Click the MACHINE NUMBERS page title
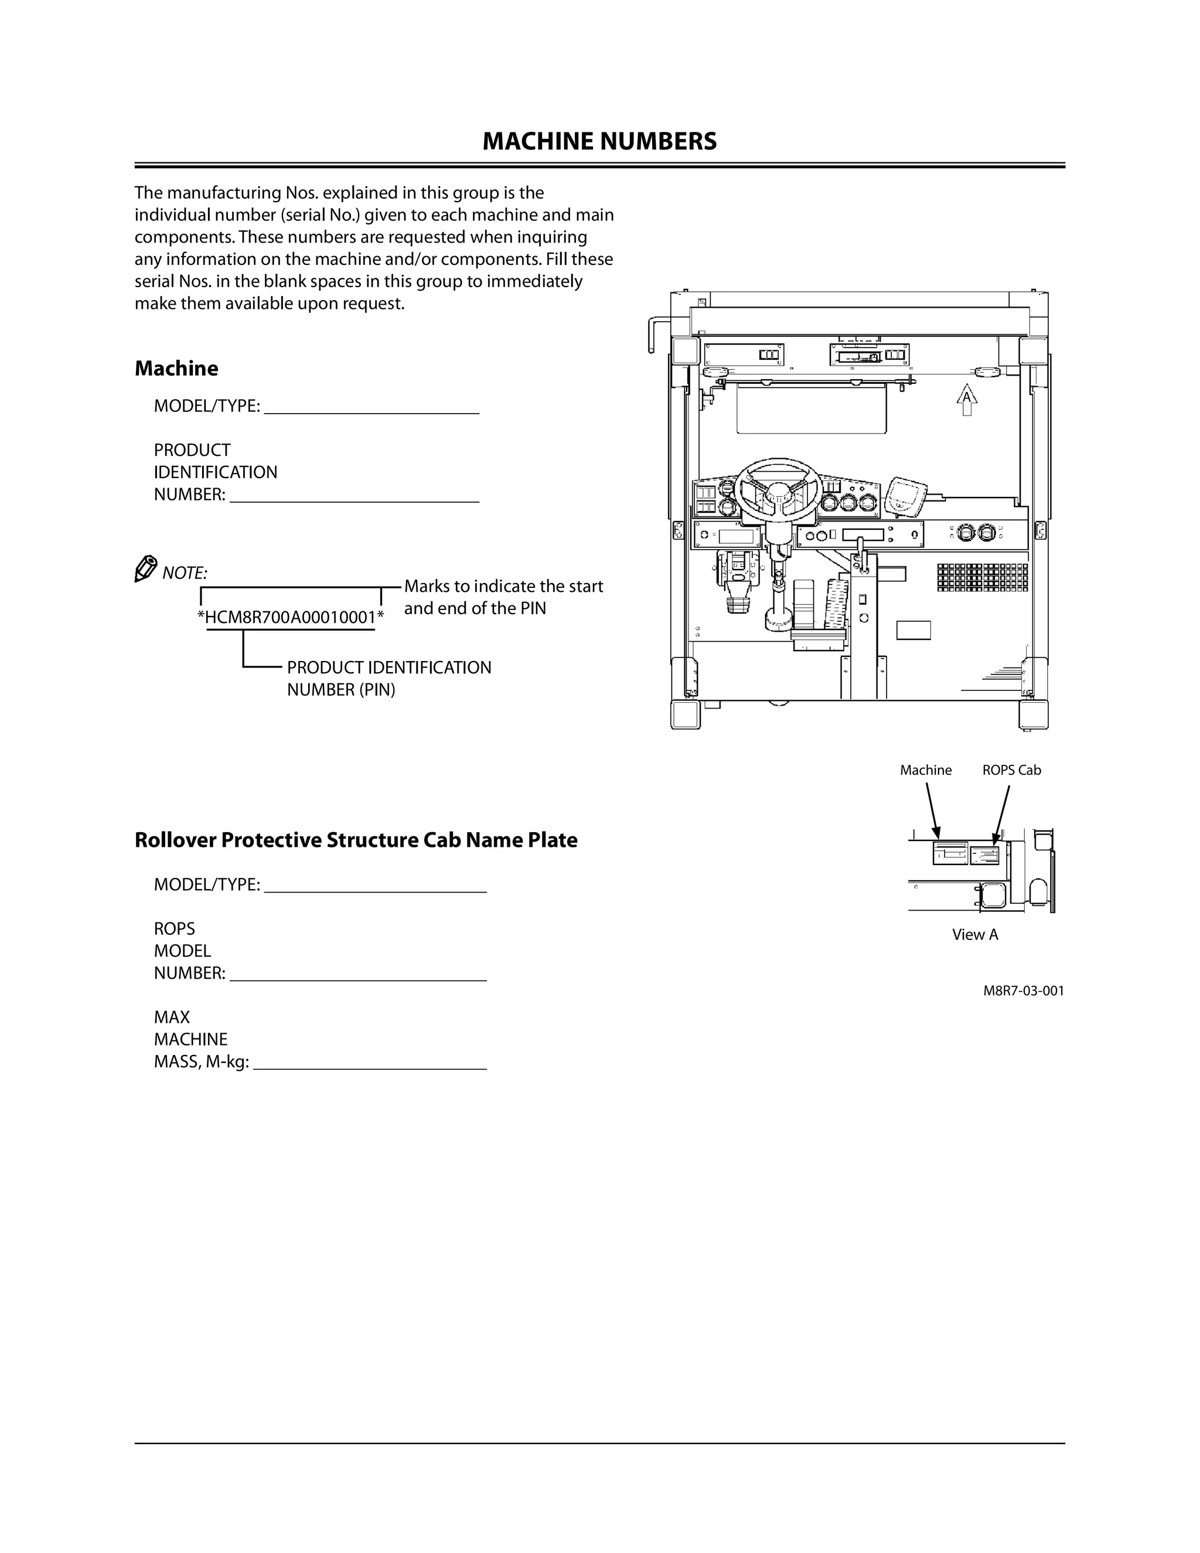[x=599, y=141]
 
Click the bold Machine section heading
[x=176, y=369]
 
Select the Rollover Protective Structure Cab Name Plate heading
[x=356, y=840]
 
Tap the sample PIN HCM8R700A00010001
[x=290, y=617]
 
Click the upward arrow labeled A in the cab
[x=966, y=399]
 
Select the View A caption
[x=974, y=934]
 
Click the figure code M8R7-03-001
[x=1023, y=990]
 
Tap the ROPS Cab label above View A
[x=1011, y=770]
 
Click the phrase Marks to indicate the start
[x=503, y=587]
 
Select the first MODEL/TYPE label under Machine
[x=207, y=406]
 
